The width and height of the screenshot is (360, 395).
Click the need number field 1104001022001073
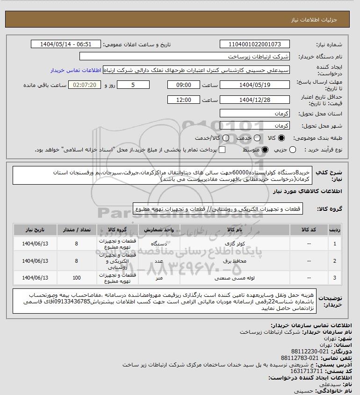click(254, 44)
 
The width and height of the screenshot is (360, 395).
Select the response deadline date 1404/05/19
click(254, 85)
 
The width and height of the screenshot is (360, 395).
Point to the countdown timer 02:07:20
click(85, 85)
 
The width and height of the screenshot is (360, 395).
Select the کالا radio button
click(281, 138)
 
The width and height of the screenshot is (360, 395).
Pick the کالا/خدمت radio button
click(226, 138)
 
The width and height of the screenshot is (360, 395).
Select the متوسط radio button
click(265, 150)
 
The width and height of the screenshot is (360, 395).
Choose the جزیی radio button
click(293, 150)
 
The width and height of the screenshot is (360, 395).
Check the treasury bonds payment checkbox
click(222, 150)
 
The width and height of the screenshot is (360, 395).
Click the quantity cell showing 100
click(76, 278)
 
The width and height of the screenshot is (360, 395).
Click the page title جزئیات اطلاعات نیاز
click(323, 21)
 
